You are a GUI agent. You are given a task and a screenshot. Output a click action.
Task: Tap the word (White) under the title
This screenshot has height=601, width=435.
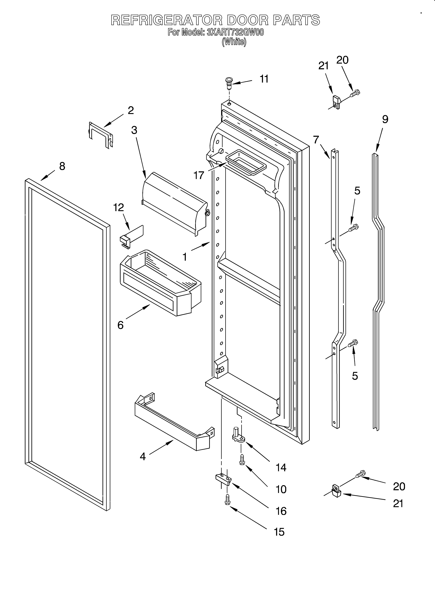click(x=234, y=42)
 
